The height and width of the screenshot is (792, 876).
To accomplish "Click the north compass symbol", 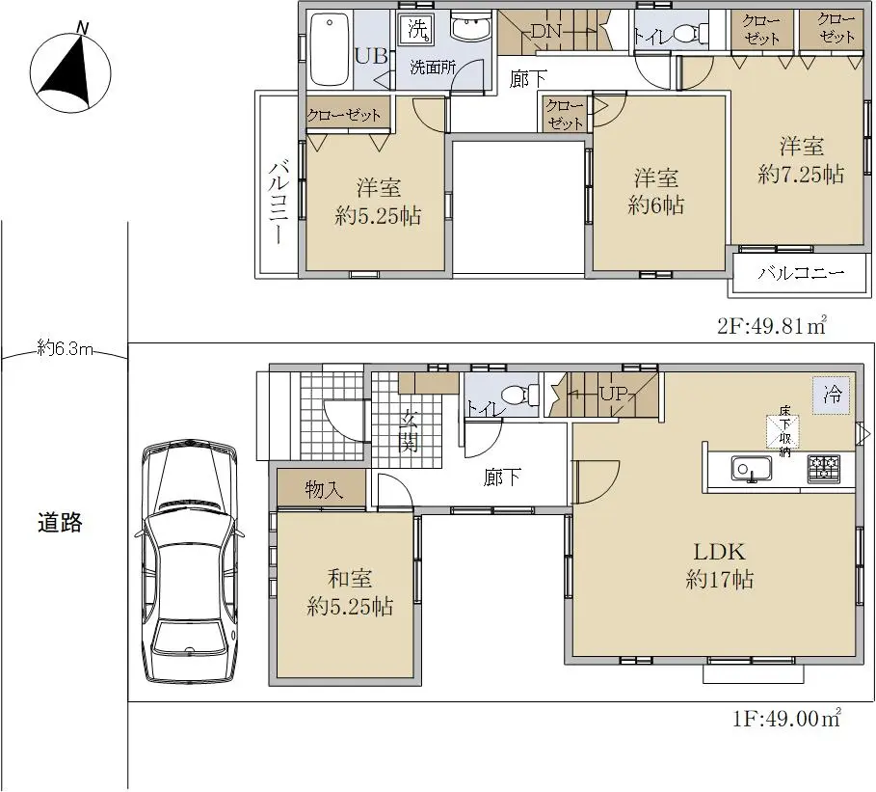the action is click(x=69, y=69).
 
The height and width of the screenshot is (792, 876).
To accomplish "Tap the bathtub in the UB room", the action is click(x=330, y=48).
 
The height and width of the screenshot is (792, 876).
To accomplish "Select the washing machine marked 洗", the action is click(x=416, y=29).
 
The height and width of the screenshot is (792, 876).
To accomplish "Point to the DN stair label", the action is click(x=545, y=31).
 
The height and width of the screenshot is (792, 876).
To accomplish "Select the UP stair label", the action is click(x=614, y=394).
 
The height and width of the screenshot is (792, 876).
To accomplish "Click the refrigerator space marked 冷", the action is click(x=832, y=396).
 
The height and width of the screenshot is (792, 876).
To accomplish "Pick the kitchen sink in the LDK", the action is click(x=752, y=469).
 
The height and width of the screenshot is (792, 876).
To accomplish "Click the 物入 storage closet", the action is click(x=322, y=488).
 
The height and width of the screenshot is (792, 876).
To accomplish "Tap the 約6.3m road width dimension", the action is click(x=65, y=348).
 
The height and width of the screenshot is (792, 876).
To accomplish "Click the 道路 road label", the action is click(x=60, y=522).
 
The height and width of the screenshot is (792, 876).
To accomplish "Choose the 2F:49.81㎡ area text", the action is click(x=772, y=325).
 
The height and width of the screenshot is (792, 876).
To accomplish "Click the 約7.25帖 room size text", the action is click(x=801, y=175).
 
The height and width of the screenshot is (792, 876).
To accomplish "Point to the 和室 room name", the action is click(x=350, y=579).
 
